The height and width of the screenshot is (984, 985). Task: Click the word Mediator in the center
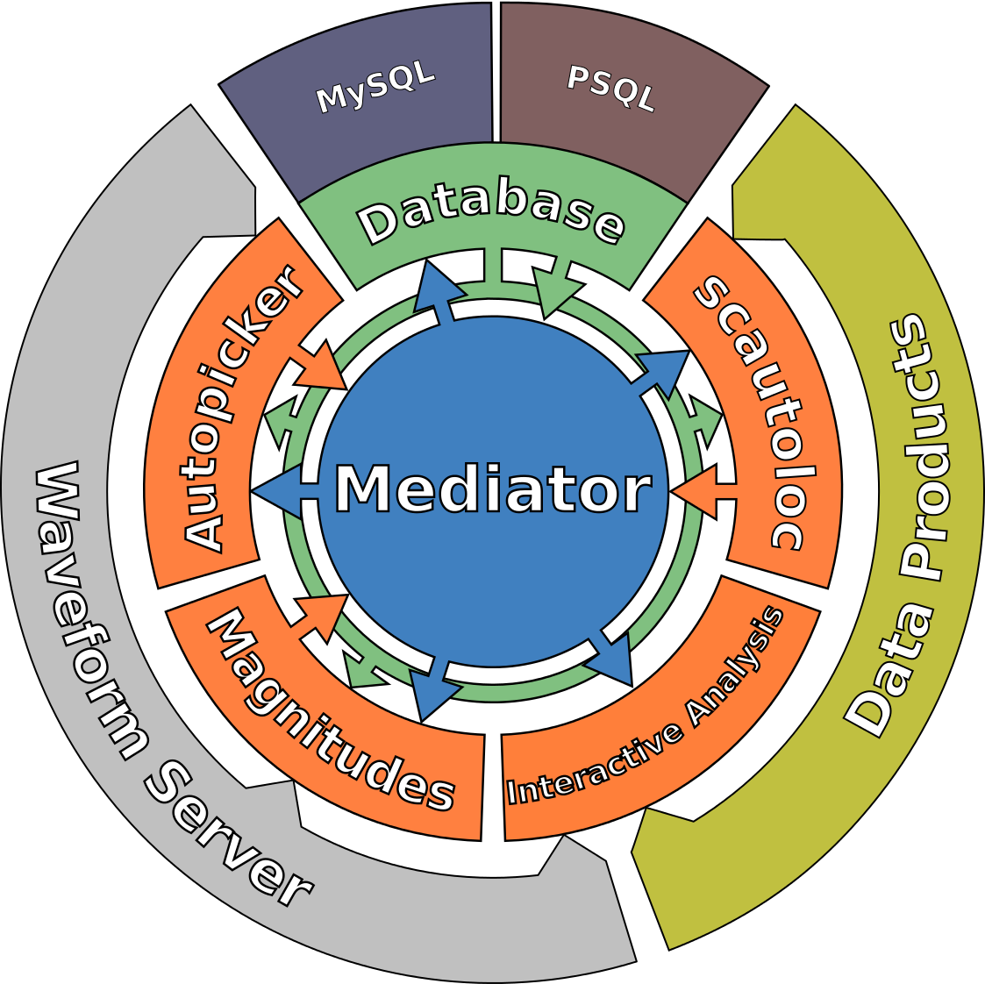click(493, 489)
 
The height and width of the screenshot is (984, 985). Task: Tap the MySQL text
click(375, 88)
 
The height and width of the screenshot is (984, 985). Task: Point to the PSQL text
click(610, 89)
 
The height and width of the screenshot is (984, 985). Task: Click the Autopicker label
click(244, 409)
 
